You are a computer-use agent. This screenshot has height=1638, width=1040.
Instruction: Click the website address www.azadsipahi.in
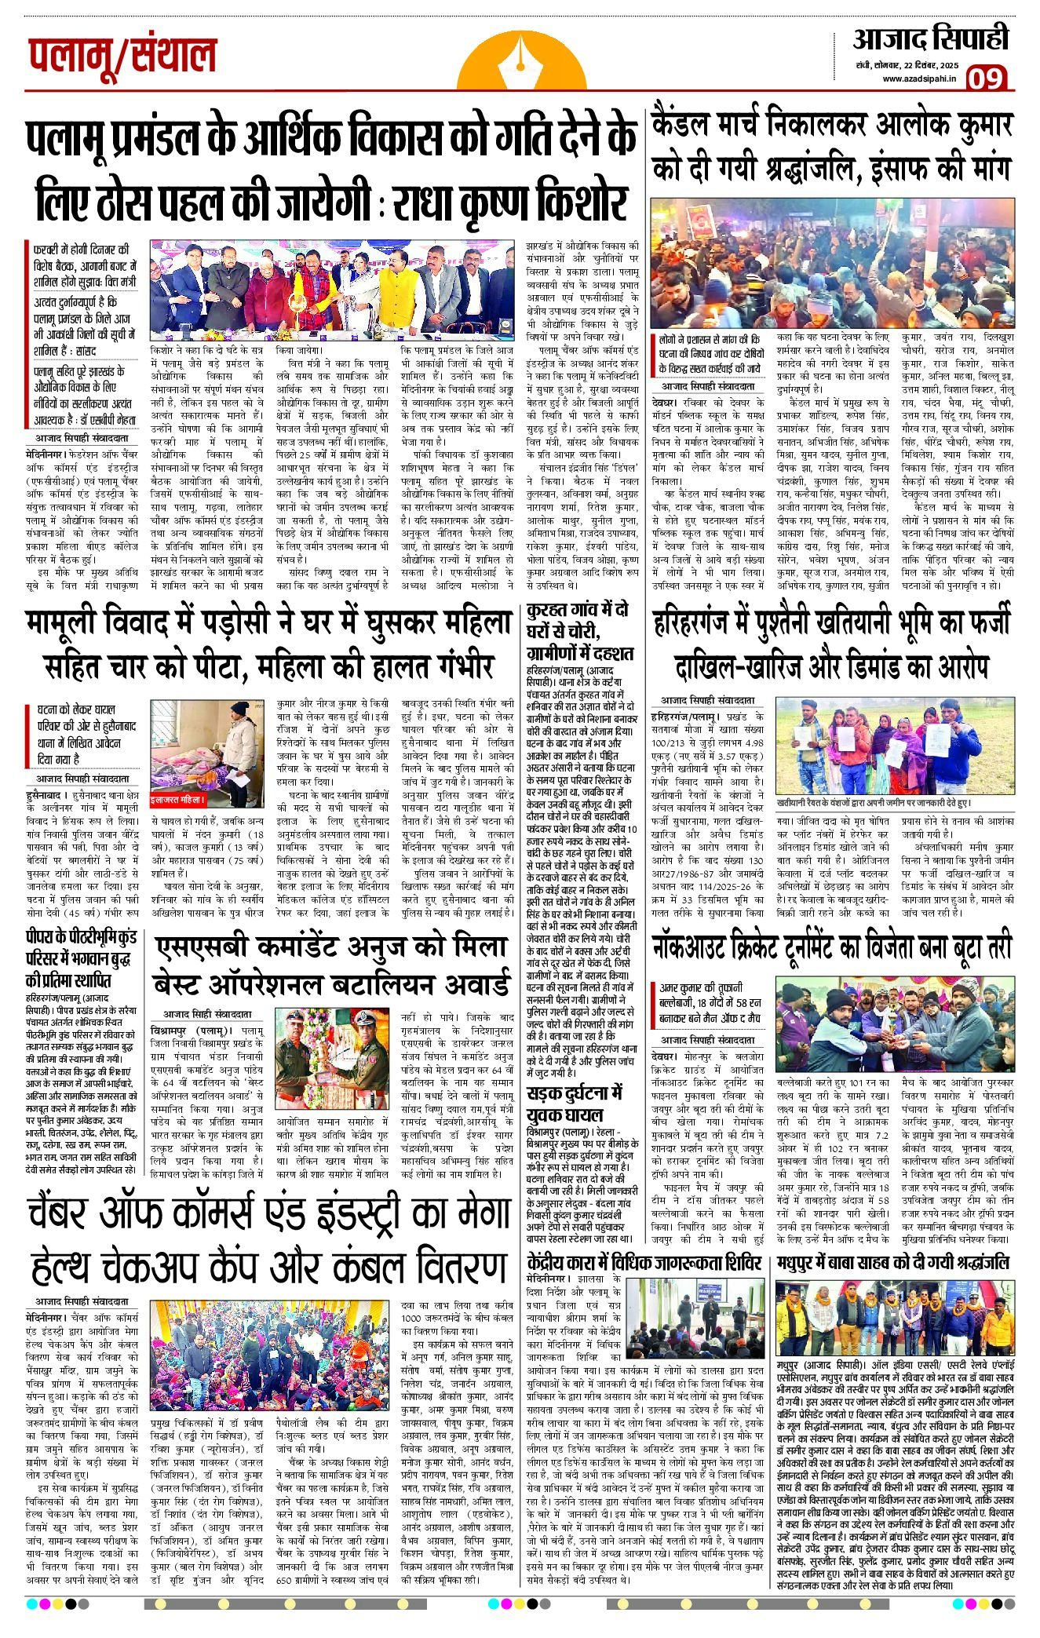point(918,78)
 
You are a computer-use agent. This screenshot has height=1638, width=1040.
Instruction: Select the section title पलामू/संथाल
point(122,56)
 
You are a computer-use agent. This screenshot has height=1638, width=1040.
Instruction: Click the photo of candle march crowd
point(831,263)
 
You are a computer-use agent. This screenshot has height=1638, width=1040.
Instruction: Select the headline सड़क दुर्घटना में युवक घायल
point(575,1103)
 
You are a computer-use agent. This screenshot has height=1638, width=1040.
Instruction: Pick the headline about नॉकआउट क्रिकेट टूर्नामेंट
point(832,947)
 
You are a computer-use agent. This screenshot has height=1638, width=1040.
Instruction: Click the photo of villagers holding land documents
point(895,746)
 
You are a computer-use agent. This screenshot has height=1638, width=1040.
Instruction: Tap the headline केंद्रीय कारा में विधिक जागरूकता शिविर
point(644,1262)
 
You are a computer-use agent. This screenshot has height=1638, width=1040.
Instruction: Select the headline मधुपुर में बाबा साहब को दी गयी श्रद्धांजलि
point(892,1262)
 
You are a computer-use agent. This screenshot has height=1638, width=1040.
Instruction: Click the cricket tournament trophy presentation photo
point(895,1026)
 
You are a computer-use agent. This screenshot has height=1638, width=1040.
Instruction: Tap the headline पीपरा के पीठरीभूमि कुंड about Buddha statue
point(81,958)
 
